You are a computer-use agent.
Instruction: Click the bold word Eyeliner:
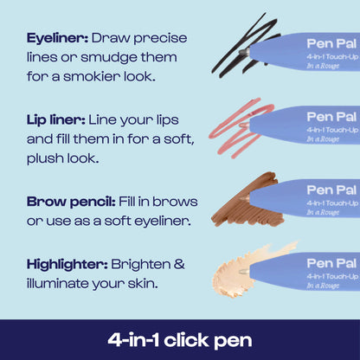[57, 39]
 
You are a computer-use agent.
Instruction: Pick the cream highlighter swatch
[239, 267]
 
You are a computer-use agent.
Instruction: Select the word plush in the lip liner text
[48, 158]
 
